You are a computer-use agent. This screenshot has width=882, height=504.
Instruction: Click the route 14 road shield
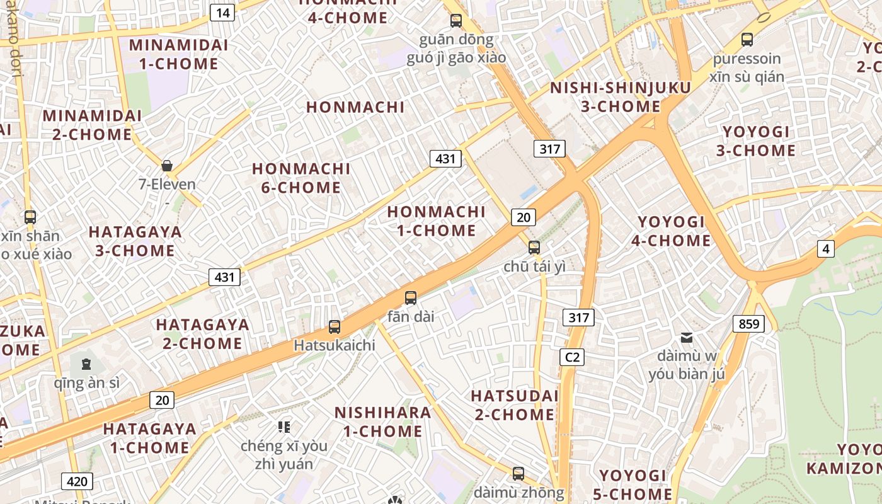pyautogui.click(x=222, y=12)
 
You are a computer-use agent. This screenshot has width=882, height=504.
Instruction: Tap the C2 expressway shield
pyautogui.click(x=572, y=357)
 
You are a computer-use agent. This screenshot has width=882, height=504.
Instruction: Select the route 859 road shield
pyautogui.click(x=748, y=324)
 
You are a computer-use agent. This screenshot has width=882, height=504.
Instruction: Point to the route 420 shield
pyautogui.click(x=77, y=481)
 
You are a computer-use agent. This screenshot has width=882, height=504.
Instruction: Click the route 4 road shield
pyautogui.click(x=825, y=249)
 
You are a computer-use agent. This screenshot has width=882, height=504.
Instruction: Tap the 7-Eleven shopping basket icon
pyautogui.click(x=167, y=166)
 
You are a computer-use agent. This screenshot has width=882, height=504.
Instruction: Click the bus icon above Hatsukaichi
pyautogui.click(x=335, y=327)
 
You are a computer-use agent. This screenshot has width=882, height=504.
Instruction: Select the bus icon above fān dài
pyautogui.click(x=411, y=297)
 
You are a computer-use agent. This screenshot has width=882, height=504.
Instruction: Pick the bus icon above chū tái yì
pyautogui.click(x=534, y=247)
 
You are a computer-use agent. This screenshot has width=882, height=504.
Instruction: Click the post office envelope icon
pyautogui.click(x=687, y=338)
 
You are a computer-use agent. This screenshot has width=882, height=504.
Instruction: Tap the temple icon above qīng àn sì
pyautogui.click(x=86, y=364)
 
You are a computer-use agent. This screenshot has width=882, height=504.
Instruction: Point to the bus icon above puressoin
pyautogui.click(x=747, y=40)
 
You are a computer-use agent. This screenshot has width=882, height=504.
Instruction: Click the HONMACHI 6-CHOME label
pyautogui.click(x=301, y=178)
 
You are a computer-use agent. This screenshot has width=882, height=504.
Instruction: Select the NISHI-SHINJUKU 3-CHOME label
pyautogui.click(x=621, y=97)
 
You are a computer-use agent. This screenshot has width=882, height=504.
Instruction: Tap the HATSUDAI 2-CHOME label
pyautogui.click(x=514, y=405)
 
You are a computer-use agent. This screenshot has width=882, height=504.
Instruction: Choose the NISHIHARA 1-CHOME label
pyautogui.click(x=382, y=422)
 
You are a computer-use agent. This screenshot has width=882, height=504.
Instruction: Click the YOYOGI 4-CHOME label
pyautogui.click(x=674, y=231)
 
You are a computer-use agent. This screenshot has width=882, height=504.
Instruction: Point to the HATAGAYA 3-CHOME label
pyautogui.click(x=135, y=241)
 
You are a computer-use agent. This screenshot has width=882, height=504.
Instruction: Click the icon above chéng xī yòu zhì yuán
pyautogui.click(x=284, y=427)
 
